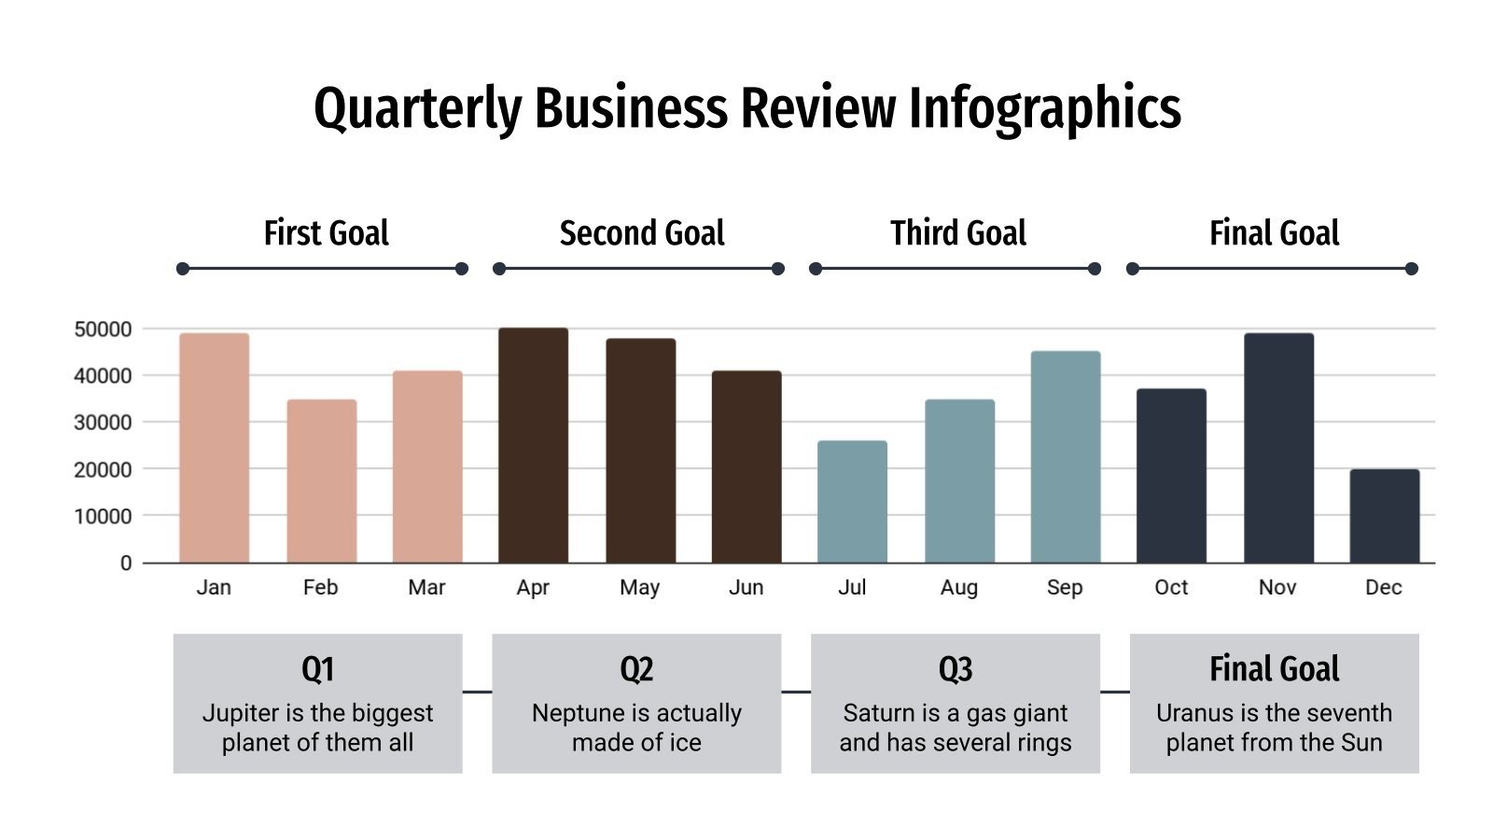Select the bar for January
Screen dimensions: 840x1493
214,448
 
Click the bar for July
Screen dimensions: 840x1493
852,501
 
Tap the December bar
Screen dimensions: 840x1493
1384,515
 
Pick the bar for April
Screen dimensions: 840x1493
533,445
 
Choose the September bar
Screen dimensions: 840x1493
1065,456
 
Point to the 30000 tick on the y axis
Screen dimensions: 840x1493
103,423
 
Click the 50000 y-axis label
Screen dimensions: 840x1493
103,329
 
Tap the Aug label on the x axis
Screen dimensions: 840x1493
958,587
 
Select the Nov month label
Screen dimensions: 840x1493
1277,587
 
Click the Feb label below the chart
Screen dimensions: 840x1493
320,587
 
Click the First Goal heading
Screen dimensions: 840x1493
326,232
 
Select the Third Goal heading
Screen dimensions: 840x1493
957,232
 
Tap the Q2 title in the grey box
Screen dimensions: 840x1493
636,669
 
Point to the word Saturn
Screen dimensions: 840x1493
878,713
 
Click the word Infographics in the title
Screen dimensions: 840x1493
1044,108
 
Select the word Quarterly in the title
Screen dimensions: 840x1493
417,108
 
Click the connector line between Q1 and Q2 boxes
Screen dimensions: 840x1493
477,692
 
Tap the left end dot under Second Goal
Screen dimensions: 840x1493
499,269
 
